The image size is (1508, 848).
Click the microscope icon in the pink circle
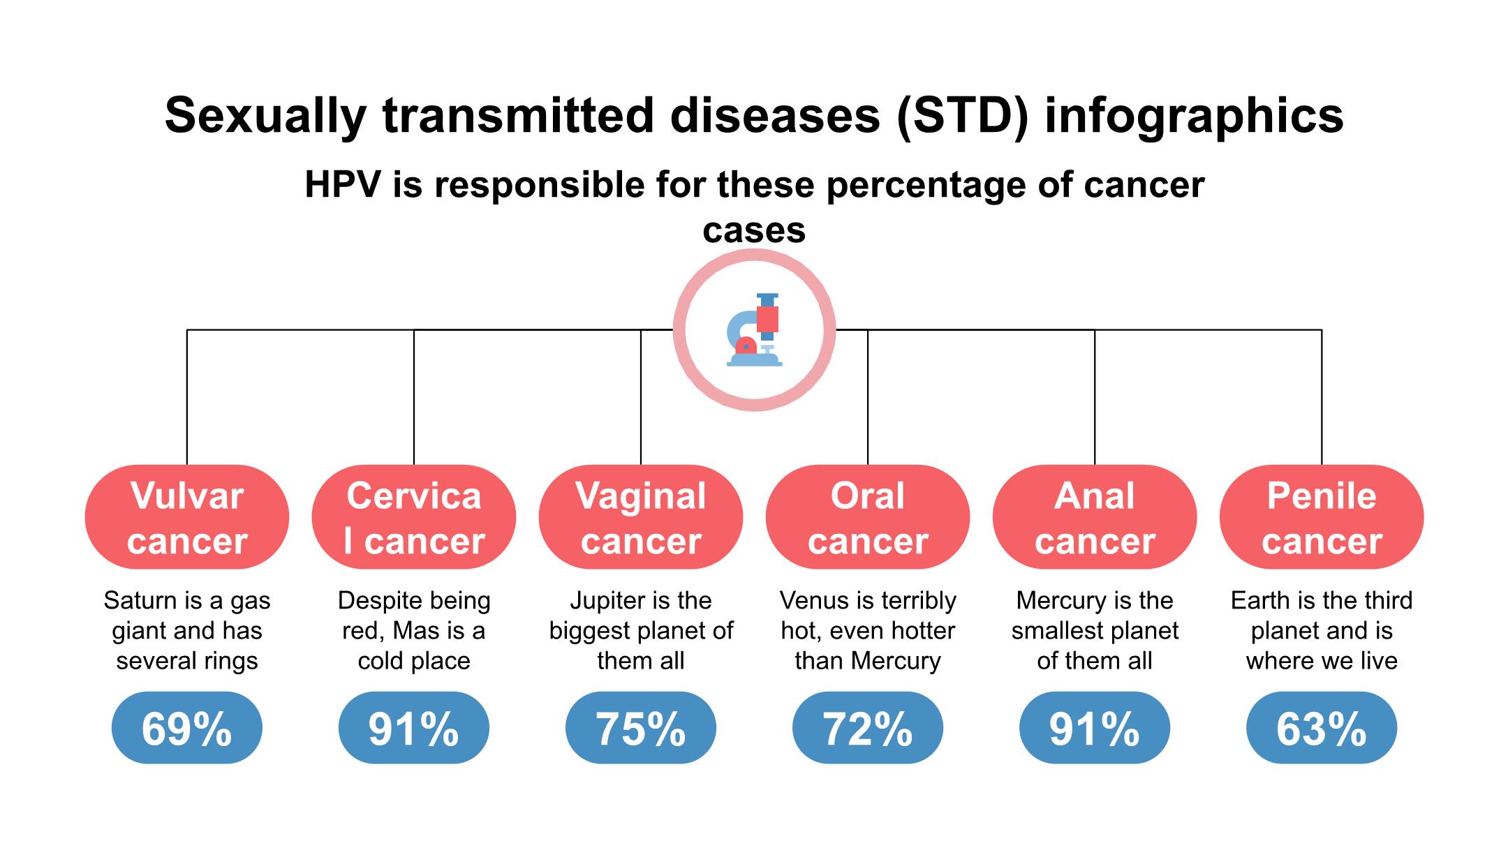click(x=754, y=330)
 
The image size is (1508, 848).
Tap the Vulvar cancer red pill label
click(x=187, y=517)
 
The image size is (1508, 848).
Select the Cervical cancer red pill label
click(x=414, y=517)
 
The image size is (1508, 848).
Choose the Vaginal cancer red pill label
click(x=641, y=517)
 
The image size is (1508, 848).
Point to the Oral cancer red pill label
click(x=868, y=517)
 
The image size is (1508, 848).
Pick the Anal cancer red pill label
click(x=1095, y=517)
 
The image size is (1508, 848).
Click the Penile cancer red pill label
click(x=1322, y=517)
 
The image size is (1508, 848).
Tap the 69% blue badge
click(x=187, y=728)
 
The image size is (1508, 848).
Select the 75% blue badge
click(x=641, y=728)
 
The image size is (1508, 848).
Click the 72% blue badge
click(x=868, y=728)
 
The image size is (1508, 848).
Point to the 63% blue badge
click(x=1322, y=728)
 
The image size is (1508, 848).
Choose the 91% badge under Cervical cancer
click(x=414, y=728)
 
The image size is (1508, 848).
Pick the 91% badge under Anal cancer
click(x=1095, y=728)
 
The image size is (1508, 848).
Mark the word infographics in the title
click(x=1194, y=117)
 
